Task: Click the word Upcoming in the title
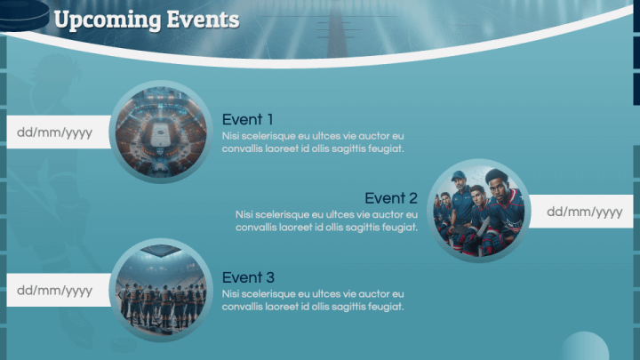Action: (108, 20)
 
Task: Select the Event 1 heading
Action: (247, 120)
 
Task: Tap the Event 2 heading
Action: (391, 198)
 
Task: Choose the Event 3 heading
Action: (248, 277)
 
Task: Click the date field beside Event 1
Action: (59, 132)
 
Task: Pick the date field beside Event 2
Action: (580, 212)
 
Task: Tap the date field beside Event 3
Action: (59, 290)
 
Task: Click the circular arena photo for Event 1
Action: (161, 132)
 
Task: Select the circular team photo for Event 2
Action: (478, 211)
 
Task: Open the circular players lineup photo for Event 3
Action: (161, 290)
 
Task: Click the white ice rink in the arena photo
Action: (160, 134)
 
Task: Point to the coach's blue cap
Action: (459, 176)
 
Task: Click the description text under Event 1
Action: (313, 142)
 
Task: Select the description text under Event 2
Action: (326, 220)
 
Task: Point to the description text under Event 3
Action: (313, 300)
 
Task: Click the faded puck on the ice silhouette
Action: (124, 345)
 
